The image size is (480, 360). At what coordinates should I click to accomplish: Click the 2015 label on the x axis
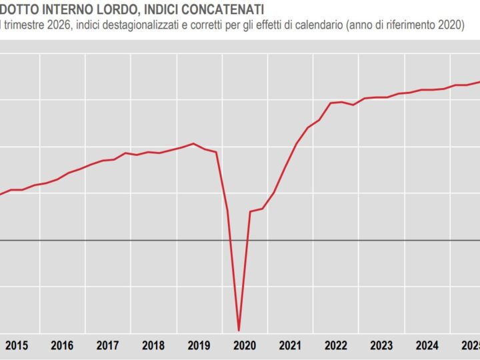point(17,346)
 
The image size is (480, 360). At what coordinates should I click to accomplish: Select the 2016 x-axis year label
point(62,346)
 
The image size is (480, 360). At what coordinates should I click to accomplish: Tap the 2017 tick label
point(108,346)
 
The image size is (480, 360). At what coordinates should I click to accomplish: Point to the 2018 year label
point(153,346)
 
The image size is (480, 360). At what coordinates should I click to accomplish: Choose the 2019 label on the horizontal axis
point(199,346)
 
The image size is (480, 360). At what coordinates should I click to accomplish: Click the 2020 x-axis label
point(245,346)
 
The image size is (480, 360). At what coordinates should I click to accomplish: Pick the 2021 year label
point(290,346)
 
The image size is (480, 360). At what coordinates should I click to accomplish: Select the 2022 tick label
point(335,346)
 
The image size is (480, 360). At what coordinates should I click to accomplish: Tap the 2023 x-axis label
point(381,346)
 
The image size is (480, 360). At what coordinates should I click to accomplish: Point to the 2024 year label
point(427,346)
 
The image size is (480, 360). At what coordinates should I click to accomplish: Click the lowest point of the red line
point(239,330)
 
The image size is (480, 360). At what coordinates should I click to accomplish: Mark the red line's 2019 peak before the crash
point(193,143)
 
